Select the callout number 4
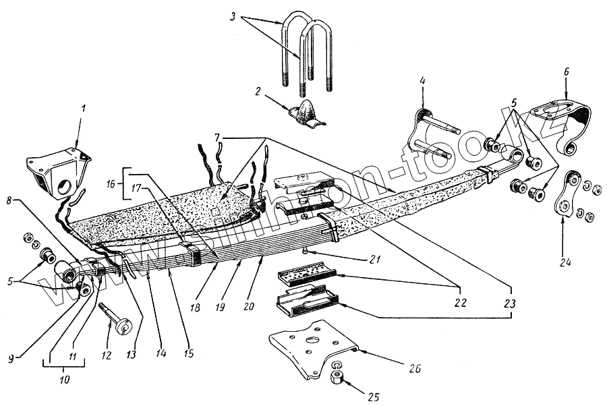coord(422,82)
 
